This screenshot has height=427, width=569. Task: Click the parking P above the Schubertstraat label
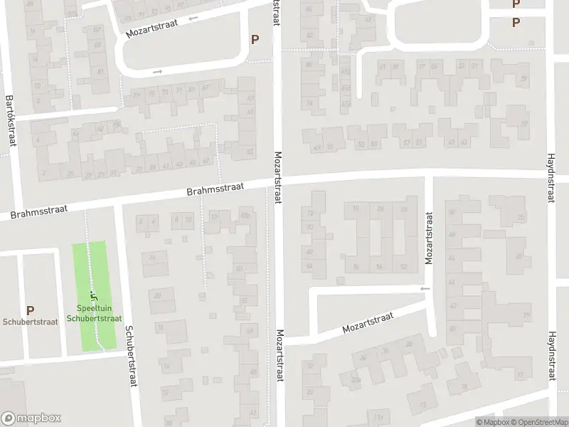click(30, 310)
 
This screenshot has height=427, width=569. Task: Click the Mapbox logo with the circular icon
click(31, 418)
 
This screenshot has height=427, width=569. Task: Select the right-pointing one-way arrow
click(158, 71)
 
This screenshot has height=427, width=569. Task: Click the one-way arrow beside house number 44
click(425, 289)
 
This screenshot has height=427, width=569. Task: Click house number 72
click(309, 214)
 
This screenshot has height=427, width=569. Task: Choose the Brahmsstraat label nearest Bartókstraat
click(34, 213)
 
